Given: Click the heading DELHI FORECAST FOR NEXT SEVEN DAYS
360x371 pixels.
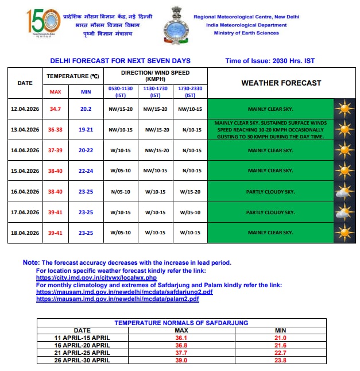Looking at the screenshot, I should [x=120, y=61].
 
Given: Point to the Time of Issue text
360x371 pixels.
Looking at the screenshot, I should [x=270, y=61].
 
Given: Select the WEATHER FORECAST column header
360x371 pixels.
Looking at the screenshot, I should [x=281, y=83].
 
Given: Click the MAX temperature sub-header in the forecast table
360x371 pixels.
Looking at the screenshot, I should [x=55, y=91].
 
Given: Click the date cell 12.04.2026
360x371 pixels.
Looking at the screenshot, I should [x=25, y=109].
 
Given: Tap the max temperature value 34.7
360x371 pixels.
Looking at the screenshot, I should [x=55, y=109].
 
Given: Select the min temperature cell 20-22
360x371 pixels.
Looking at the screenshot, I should [x=85, y=150].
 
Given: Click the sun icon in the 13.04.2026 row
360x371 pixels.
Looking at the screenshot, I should [x=343, y=129].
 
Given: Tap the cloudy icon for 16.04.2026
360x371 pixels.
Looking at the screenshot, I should [x=343, y=192].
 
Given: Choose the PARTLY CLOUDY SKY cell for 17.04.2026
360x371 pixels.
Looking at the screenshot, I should [x=270, y=212].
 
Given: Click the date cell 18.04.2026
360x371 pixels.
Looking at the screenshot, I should [x=25, y=233].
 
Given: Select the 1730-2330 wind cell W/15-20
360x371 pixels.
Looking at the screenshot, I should [x=191, y=192].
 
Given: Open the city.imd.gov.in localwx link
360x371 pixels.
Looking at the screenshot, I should [x=96, y=277].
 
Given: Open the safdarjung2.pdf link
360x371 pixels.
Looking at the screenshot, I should [x=124, y=292].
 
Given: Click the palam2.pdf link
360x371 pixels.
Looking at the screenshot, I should [x=118, y=299].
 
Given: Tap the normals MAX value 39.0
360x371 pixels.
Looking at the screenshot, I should [x=181, y=360].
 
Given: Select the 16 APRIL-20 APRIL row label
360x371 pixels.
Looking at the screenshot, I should [x=82, y=345].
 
